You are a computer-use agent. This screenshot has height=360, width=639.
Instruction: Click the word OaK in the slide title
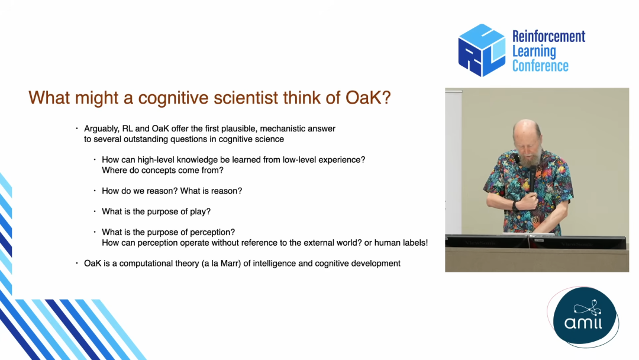(364, 98)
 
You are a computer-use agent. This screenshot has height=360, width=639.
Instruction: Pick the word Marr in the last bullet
(230, 263)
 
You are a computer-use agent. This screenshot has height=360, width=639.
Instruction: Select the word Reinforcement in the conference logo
(548, 37)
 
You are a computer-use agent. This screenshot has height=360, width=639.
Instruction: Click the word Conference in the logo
(540, 66)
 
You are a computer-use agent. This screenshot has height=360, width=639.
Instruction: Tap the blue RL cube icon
(481, 50)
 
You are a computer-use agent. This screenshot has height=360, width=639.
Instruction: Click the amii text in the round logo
(583, 323)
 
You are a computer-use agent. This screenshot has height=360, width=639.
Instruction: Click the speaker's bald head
(526, 130)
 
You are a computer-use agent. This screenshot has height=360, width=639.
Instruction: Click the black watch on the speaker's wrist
(515, 205)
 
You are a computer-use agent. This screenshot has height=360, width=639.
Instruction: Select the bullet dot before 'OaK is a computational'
(76, 263)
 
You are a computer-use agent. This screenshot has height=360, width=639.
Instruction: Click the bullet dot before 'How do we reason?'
(95, 191)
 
